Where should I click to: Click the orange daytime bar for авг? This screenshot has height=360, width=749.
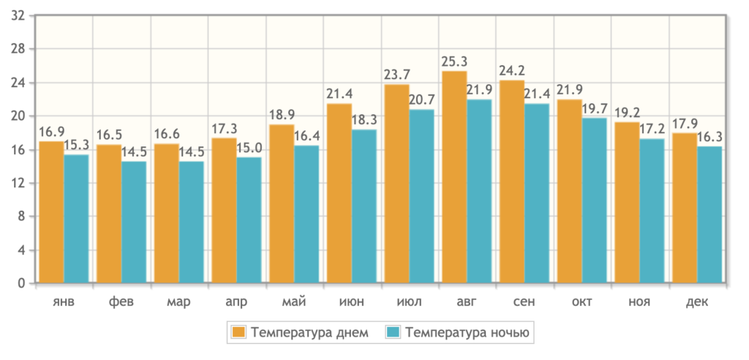[454, 176]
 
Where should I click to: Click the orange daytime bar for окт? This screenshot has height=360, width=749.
[569, 190]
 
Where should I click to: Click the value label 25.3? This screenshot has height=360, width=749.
[454, 61]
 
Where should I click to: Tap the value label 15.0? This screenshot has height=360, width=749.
[249, 148]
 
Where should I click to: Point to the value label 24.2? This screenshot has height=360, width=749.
[511, 70]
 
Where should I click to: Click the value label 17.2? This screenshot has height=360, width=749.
[653, 130]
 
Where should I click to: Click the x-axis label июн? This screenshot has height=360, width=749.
[351, 302]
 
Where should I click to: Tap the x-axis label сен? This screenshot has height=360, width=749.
[524, 302]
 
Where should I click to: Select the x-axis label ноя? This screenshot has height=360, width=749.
[639, 302]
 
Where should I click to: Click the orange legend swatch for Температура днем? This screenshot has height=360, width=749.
[238, 333]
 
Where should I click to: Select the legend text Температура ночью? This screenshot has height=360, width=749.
[467, 333]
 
